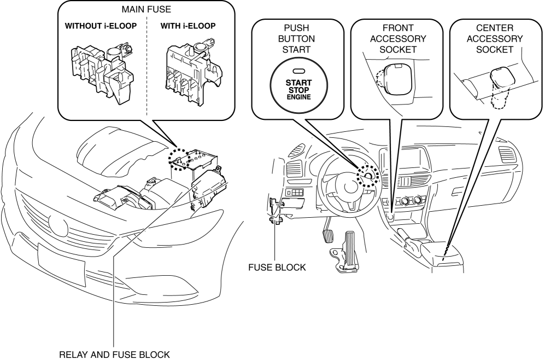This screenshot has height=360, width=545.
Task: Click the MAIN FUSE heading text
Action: pos(146,10)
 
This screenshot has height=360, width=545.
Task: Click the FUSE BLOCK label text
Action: pos(277,268)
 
